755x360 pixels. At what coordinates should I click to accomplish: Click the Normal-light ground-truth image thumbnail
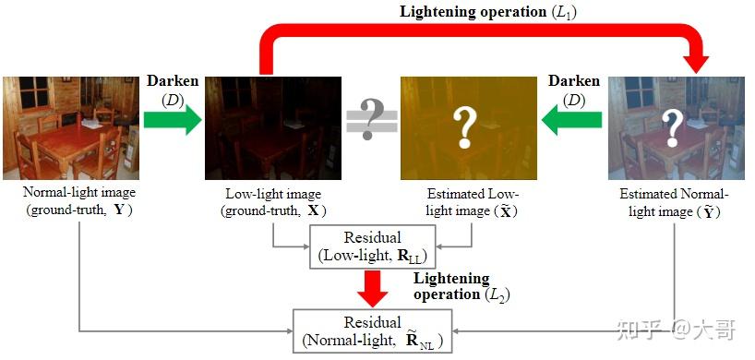click(x=69, y=127)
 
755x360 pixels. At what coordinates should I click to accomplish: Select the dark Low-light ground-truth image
click(x=273, y=127)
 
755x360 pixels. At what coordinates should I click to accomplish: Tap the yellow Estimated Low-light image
click(x=467, y=127)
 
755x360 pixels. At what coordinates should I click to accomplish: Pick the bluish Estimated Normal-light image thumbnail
click(x=676, y=127)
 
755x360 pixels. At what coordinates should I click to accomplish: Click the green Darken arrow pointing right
click(x=173, y=119)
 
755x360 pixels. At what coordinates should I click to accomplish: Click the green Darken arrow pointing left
click(x=571, y=117)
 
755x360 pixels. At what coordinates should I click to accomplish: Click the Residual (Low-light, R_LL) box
click(x=372, y=246)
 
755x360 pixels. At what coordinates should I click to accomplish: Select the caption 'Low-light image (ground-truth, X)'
click(x=272, y=202)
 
